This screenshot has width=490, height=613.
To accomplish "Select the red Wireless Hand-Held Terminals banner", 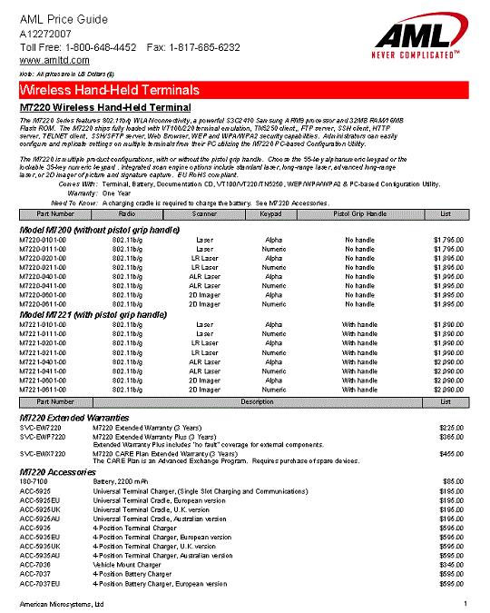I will pyautogui.click(x=244, y=90).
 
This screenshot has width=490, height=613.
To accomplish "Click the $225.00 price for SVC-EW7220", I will pyautogui.click(x=451, y=426).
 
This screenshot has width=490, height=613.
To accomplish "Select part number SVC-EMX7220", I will pyautogui.click(x=44, y=452).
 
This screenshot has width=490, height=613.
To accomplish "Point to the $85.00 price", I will pyautogui.click(x=453, y=479).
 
